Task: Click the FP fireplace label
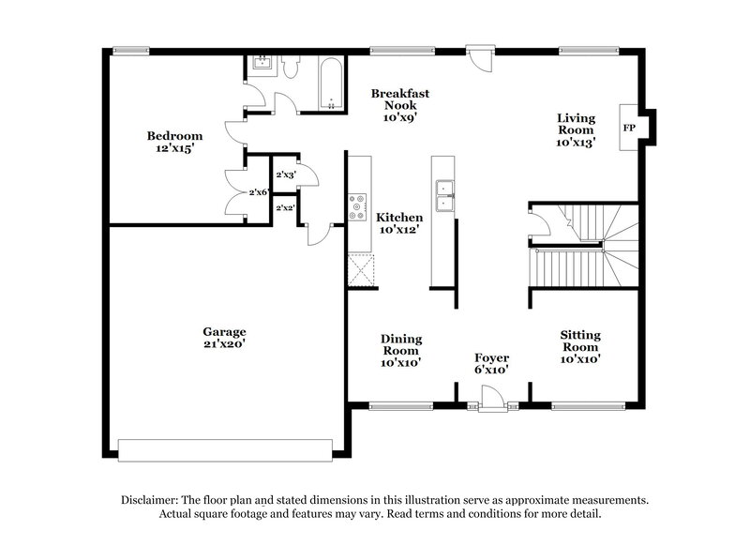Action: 629,124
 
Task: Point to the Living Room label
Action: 576,130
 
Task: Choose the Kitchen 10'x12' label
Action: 399,222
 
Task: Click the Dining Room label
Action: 400,350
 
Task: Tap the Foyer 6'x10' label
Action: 491,364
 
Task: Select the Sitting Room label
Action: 580,346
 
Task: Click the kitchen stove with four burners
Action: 357,207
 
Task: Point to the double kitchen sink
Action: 445,194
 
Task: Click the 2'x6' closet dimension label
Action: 259,192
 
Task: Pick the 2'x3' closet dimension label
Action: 285,174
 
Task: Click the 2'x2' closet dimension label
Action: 285,208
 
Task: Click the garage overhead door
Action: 228,451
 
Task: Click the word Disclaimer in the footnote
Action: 153,501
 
